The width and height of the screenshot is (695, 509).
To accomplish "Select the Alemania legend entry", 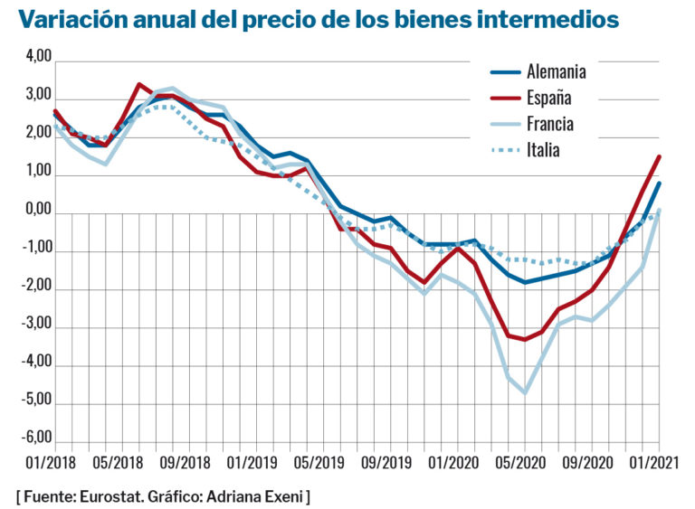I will point(556,72).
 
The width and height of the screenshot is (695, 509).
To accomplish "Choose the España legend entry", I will point(549,99).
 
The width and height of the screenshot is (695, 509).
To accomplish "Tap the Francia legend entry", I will point(550,124).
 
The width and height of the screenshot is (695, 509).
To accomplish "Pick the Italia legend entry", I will point(543,150).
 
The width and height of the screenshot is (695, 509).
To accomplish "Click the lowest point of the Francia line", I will point(524,392).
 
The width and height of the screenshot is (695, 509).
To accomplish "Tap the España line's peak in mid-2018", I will point(138,84).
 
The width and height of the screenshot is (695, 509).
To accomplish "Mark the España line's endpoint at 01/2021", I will point(659,156).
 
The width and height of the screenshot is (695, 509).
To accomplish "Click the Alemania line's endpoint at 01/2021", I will point(659,184).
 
